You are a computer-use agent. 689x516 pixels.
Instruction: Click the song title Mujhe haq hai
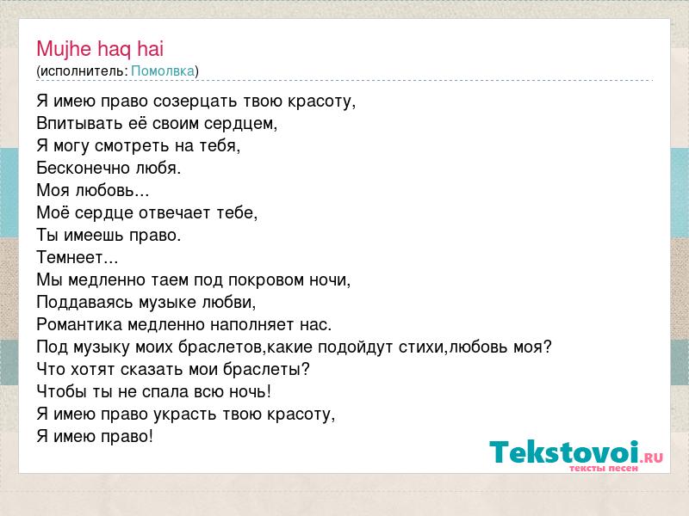[x=100, y=49]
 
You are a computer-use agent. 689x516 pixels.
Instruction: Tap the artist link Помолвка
[x=163, y=71]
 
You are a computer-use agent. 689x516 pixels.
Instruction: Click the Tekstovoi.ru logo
[x=576, y=456]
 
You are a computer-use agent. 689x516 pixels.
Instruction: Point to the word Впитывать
[x=79, y=124]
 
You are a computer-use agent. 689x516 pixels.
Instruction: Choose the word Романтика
[x=79, y=325]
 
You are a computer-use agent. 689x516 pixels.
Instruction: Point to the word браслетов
[x=220, y=347]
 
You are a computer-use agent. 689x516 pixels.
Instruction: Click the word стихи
[x=422, y=347]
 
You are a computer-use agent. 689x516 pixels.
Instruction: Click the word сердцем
[x=239, y=124]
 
